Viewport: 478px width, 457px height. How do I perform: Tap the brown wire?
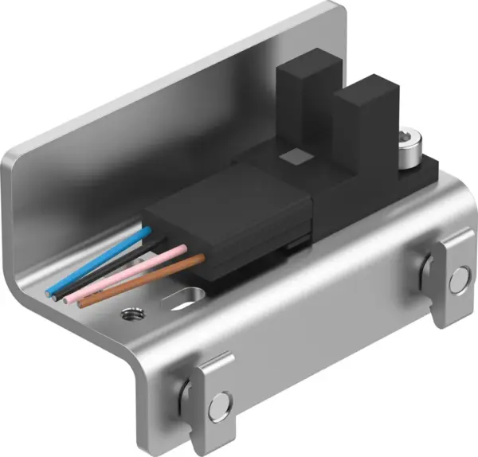coord(143,279)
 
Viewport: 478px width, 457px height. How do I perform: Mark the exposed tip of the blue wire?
coord(49,290)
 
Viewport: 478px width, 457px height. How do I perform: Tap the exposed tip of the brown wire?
coord(80,303)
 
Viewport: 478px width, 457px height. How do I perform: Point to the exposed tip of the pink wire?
coord(67,299)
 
